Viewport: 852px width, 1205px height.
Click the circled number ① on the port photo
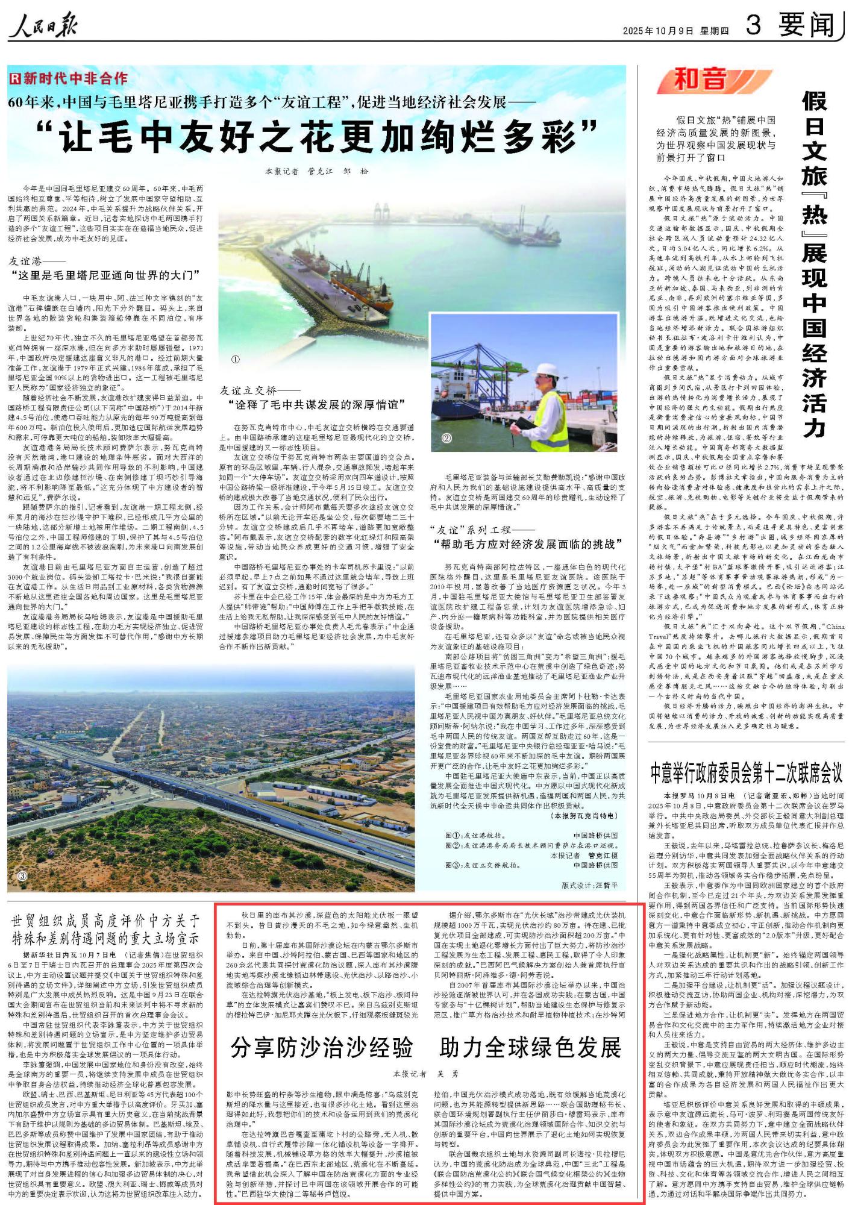(x=236, y=359)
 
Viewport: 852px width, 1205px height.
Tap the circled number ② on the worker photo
(x=446, y=438)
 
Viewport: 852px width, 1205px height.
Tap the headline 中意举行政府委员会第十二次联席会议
(x=746, y=772)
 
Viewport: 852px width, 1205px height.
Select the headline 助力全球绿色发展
(x=530, y=1048)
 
